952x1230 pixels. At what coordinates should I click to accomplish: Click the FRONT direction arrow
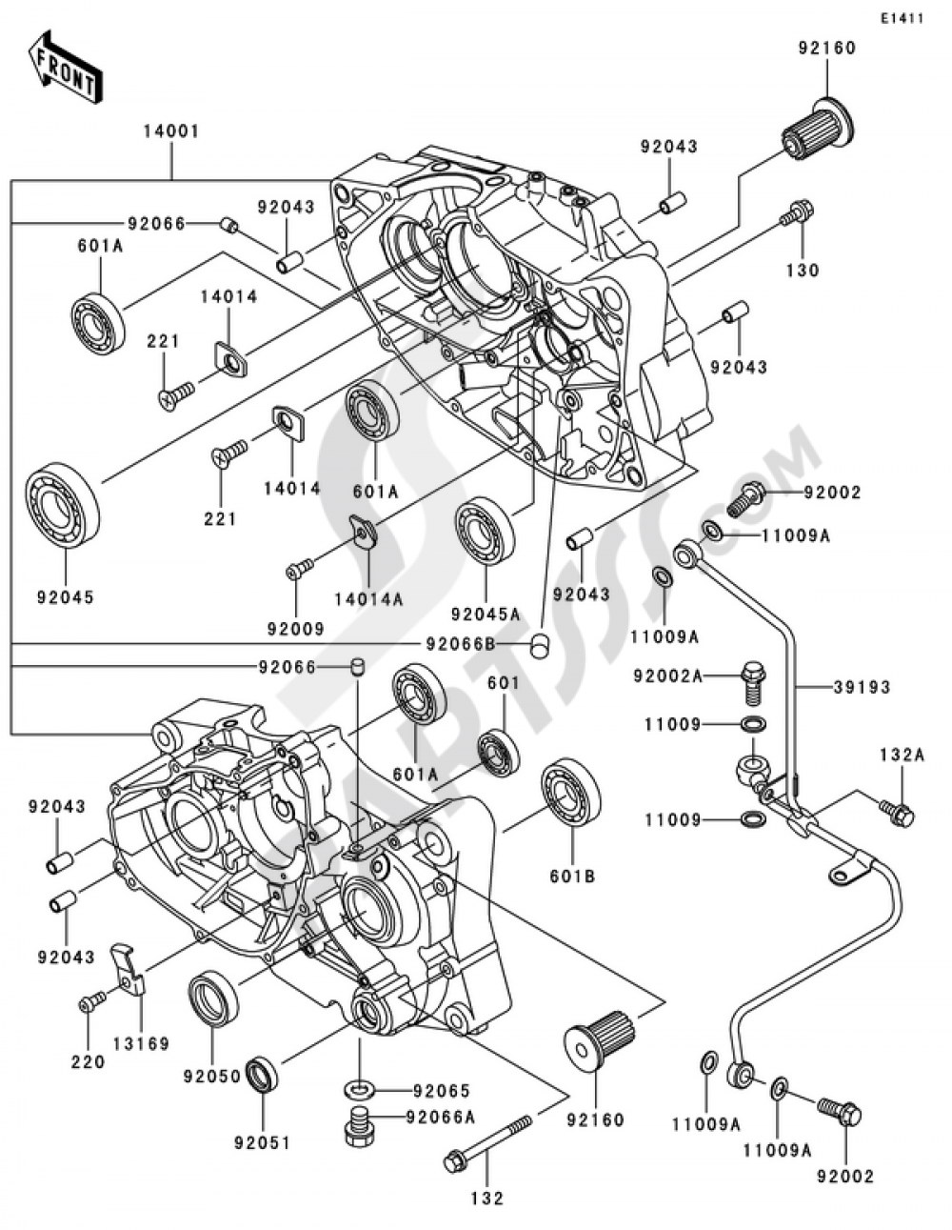coord(65,69)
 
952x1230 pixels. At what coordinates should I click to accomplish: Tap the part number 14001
coord(171,132)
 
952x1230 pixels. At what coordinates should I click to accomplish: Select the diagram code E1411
coord(902,18)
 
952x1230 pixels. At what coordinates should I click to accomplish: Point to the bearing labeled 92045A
coord(485,530)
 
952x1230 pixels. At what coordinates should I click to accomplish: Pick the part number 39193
coord(863,687)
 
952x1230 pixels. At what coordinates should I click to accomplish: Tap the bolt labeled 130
coord(796,215)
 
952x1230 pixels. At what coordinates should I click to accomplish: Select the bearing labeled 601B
coord(572,795)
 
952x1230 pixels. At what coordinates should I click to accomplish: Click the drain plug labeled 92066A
coord(360,1128)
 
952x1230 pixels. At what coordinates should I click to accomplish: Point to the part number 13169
coord(142,1043)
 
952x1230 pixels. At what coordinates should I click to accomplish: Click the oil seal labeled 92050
coord(213,997)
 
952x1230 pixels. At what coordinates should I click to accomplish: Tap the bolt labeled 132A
coord(897,813)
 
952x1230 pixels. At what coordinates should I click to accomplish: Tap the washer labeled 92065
coord(359,1086)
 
